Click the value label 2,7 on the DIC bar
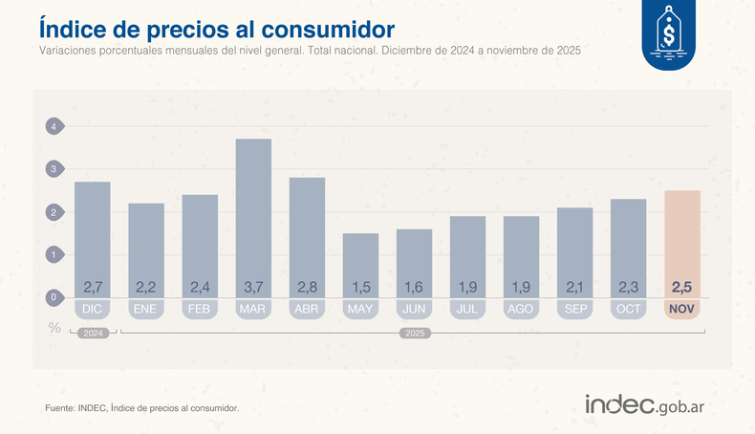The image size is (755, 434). point(93,287)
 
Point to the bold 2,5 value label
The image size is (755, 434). point(682,287)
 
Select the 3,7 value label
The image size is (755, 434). point(253,287)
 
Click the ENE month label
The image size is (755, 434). point(146,310)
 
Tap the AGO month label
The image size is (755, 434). point(521,310)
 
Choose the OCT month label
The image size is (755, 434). point(628,310)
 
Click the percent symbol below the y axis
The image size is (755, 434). point(54,326)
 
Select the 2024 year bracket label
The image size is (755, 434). point(93,334)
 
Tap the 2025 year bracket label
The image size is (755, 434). point(414,334)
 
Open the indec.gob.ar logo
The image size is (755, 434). point(651,405)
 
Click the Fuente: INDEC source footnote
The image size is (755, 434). point(141,408)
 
